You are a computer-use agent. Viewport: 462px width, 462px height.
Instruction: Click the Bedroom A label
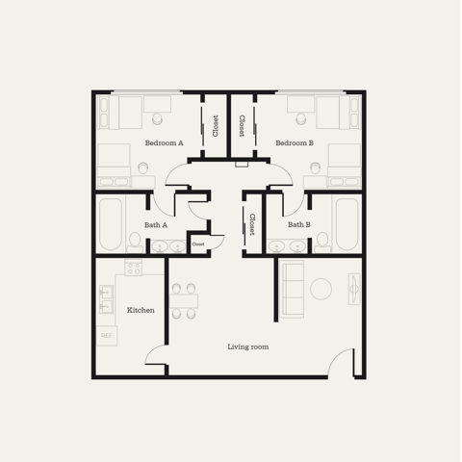pos(164,143)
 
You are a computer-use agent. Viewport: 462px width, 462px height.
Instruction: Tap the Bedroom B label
pos(295,143)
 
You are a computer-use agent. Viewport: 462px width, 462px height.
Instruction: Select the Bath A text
pos(156,225)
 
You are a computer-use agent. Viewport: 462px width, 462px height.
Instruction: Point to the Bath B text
pos(299,224)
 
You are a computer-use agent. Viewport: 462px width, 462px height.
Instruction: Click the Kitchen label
pos(141,310)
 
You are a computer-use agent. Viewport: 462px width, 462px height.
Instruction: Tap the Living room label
pos(248,346)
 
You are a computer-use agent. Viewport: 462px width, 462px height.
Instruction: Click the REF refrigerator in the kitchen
pos(107,336)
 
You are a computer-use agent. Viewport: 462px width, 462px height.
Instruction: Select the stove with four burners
pos(134,268)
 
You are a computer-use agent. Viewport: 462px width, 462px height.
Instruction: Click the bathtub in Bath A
pos(110,224)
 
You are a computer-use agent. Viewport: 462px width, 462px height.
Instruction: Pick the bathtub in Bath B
pos(347,224)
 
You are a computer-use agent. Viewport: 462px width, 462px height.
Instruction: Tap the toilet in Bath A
pos(135,243)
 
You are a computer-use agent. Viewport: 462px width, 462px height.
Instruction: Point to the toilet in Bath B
pos(322,243)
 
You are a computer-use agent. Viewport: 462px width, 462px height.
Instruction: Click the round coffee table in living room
pos(321,289)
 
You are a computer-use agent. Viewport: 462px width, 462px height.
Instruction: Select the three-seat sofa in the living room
pos(292,289)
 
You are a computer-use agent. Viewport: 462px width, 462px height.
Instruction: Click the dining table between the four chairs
pos(184,301)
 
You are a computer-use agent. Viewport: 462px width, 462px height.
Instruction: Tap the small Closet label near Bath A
pos(198,244)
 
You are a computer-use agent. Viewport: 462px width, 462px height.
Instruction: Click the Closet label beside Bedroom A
pos(216,126)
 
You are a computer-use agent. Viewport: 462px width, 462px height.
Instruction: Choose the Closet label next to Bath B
pos(252,224)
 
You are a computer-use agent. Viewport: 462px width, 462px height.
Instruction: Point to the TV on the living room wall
pos(354,289)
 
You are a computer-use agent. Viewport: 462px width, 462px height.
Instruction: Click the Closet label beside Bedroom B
pos(242,126)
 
